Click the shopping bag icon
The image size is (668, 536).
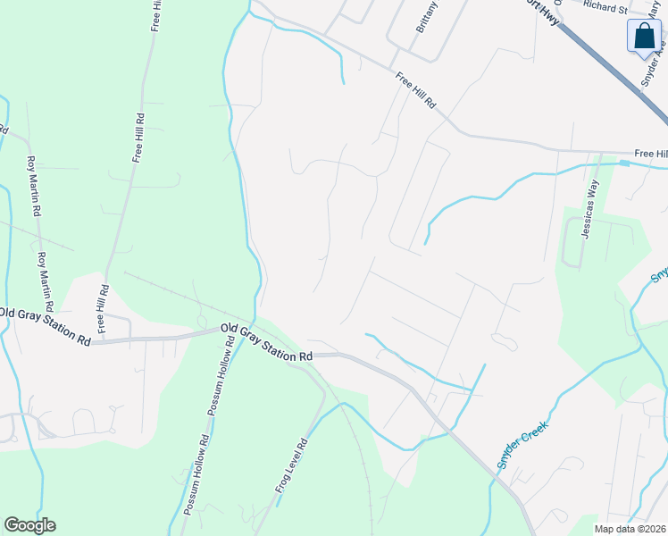tap(643, 37)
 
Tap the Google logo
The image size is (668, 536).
tap(29, 525)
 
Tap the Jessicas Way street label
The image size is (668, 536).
tap(589, 210)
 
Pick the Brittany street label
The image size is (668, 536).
tap(428, 16)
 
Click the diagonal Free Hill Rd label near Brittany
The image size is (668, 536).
tap(416, 91)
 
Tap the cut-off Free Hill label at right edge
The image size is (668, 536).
tap(650, 154)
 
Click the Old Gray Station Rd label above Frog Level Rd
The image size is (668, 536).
tap(266, 342)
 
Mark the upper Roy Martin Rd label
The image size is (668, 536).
tap(35, 187)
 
